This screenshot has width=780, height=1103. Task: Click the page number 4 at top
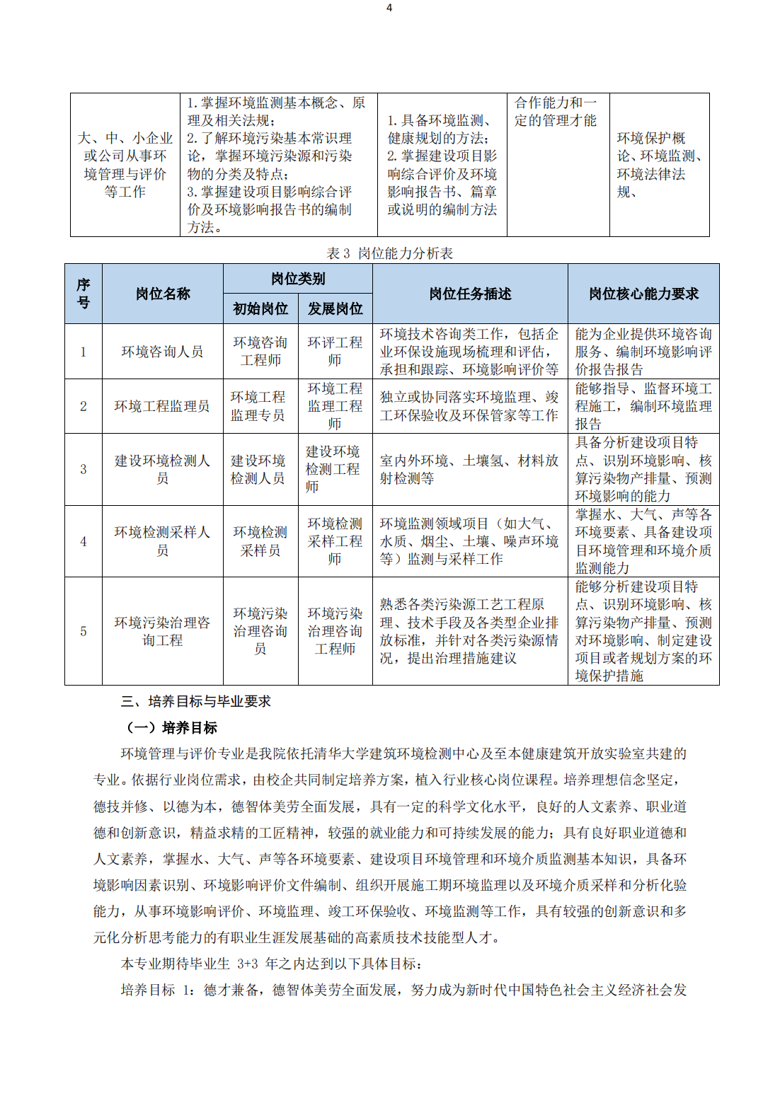point(389,8)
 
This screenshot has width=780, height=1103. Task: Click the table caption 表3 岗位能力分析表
point(389,253)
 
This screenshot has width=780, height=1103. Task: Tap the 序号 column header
point(84,294)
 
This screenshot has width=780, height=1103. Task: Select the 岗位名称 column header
point(163,294)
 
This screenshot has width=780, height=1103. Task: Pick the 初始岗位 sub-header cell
point(260,308)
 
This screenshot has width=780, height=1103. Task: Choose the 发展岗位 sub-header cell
point(335,308)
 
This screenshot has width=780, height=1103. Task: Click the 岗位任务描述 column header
point(470,294)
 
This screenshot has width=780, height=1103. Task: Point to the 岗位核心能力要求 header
point(643,294)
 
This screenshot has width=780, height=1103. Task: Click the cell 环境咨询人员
point(163,352)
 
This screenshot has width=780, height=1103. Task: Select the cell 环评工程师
point(335,352)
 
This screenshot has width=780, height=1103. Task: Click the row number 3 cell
point(84,469)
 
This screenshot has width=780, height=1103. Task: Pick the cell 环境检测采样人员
point(163,541)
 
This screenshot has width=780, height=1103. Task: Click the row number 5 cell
point(84,631)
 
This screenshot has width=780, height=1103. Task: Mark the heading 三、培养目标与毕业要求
point(196,701)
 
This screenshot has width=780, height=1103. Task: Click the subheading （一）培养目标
point(172,727)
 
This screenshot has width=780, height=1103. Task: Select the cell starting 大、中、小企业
point(125,165)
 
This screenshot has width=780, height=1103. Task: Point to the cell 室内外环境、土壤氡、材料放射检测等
point(469,469)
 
